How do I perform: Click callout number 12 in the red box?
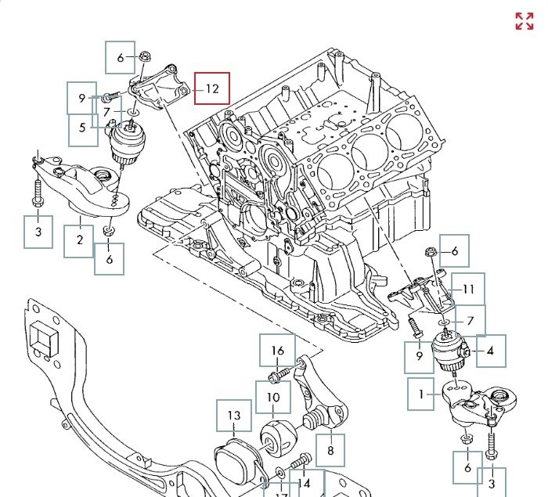click(x=212, y=88)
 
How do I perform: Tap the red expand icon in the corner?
click(x=524, y=21)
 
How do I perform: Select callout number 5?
click(x=82, y=129)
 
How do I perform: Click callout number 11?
click(x=468, y=290)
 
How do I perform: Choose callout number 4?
click(x=490, y=351)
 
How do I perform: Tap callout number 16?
click(x=278, y=351)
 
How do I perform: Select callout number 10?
click(x=272, y=398)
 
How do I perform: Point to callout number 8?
click(x=330, y=450)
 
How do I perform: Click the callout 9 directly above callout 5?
click(x=81, y=99)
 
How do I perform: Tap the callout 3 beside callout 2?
click(x=38, y=232)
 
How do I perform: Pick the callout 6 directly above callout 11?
click(x=453, y=251)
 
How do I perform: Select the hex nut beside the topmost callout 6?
click(x=146, y=57)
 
